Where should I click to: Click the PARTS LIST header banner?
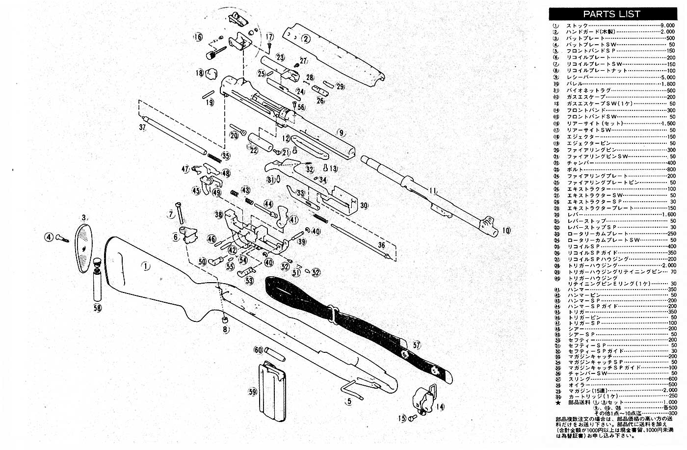click(611, 14)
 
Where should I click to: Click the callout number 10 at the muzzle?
click(506, 230)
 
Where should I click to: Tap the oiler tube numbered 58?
click(98, 288)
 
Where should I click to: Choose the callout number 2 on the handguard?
click(305, 39)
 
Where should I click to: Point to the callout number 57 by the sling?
click(417, 345)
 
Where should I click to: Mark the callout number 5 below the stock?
click(349, 401)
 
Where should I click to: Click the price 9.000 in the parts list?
click(667, 25)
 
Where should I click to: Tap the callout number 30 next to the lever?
click(364, 205)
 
